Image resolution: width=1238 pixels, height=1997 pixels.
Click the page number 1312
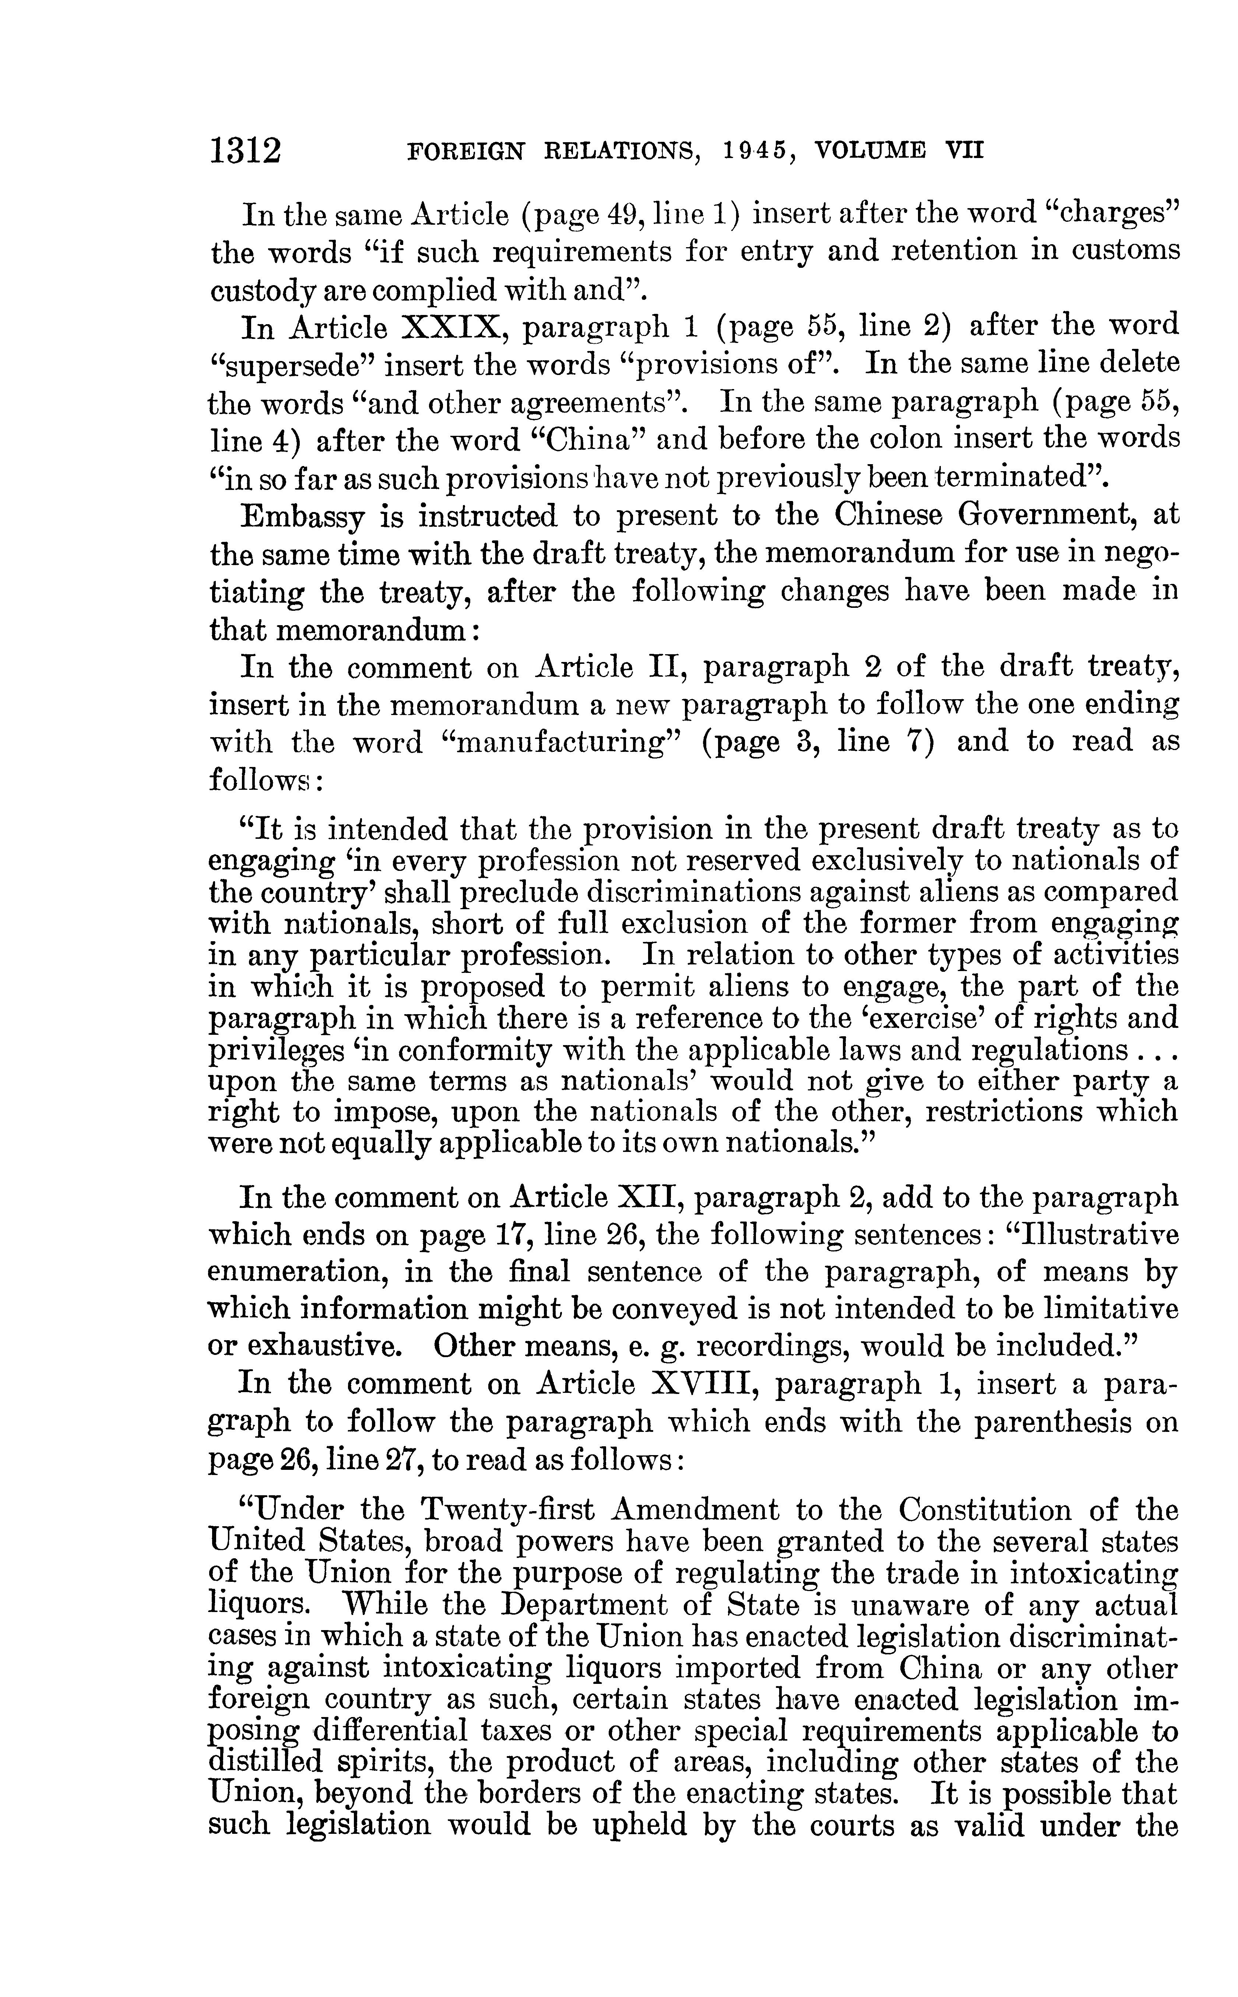pos(246,153)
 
